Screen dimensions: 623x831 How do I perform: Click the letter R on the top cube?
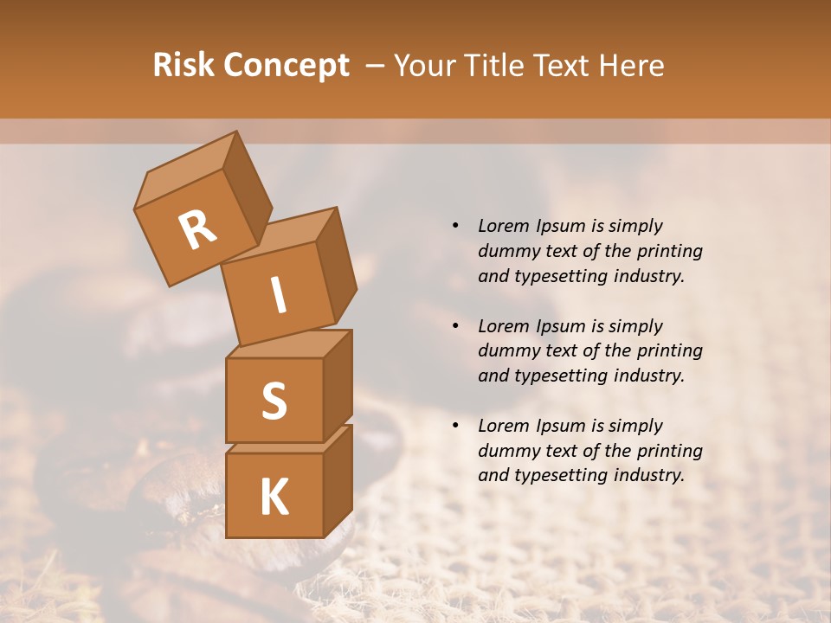click(197, 230)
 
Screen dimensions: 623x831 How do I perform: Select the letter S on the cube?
click(274, 401)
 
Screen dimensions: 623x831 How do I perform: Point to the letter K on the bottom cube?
click(274, 497)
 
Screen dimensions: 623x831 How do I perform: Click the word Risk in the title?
click(184, 66)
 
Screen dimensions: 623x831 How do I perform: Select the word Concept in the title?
click(286, 66)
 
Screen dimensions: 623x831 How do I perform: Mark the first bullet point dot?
click(455, 226)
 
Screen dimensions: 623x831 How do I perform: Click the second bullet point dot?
click(455, 326)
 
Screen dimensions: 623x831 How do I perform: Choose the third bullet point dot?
click(455, 426)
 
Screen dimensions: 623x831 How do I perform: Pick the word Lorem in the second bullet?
click(502, 326)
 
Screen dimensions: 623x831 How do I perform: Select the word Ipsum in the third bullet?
click(558, 426)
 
